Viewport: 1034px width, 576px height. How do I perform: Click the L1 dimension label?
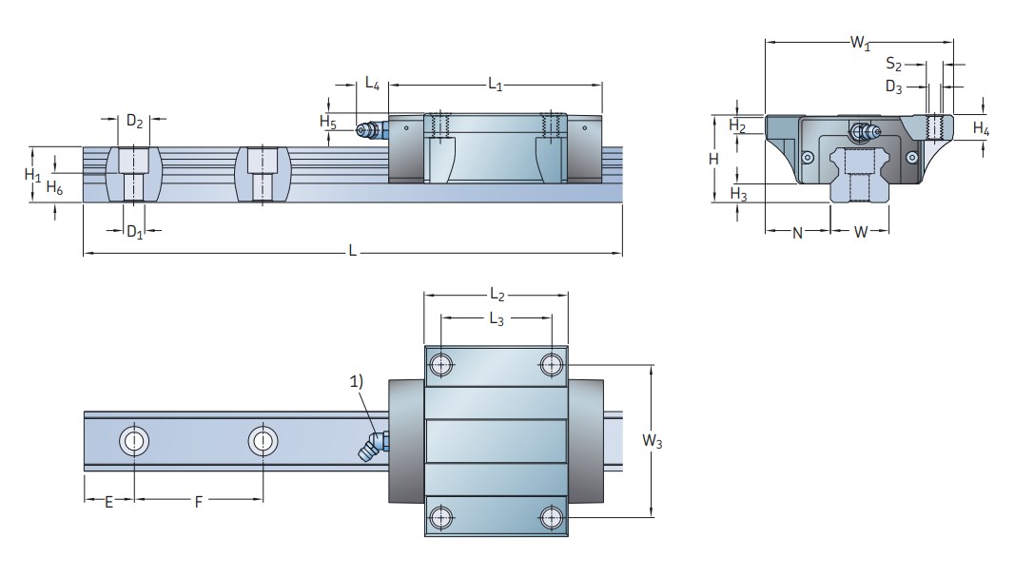495,85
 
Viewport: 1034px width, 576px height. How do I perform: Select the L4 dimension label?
372,84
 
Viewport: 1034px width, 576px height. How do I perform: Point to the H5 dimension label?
328,122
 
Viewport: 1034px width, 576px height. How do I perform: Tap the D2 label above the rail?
134,122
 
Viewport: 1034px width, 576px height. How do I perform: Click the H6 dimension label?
54,188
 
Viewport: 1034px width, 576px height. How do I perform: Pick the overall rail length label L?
352,251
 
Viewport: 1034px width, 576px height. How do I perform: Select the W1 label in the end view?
860,43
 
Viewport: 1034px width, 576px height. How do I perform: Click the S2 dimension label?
893,64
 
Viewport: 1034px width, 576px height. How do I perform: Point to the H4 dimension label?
982,128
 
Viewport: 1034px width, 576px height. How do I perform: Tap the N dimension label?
797,233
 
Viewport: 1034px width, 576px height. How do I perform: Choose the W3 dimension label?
653,441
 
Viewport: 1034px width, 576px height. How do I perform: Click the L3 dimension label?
497,319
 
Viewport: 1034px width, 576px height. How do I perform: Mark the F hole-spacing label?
199,502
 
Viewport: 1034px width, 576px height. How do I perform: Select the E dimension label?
109,502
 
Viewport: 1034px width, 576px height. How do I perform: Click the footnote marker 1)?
356,381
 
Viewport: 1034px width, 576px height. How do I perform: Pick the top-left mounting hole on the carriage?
440,364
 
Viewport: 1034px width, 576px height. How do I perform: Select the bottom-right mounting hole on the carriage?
552,518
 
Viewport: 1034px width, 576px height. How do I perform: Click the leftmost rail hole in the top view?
134,440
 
